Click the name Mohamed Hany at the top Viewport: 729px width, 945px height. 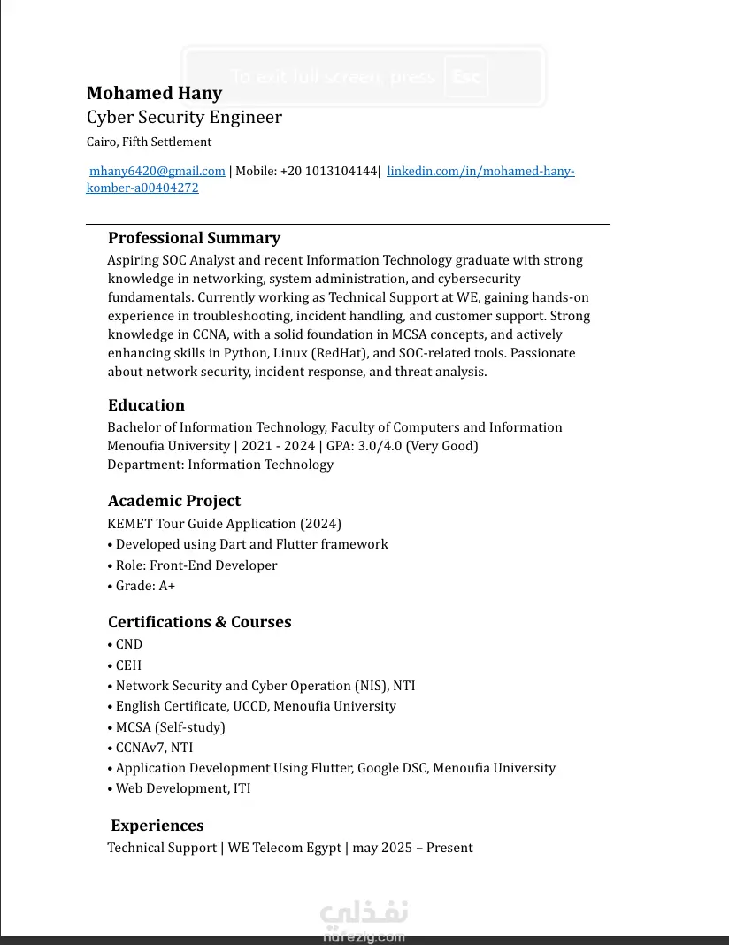(154, 93)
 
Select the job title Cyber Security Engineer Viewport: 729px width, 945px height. (184, 117)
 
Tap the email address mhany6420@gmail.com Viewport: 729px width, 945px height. (157, 171)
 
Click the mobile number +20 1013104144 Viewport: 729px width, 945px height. (328, 171)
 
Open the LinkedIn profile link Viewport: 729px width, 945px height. (480, 171)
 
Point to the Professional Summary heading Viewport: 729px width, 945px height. (194, 238)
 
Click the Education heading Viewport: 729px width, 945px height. (146, 405)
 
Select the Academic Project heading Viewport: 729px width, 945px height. (174, 501)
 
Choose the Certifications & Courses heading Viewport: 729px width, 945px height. (199, 622)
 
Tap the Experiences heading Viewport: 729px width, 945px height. (157, 826)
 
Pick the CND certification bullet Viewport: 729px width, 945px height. (128, 644)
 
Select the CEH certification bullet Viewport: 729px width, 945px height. (128, 665)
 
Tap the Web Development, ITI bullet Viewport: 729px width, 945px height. (182, 788)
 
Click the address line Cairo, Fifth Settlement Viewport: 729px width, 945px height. (149, 142)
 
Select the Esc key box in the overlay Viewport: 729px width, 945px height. (465, 76)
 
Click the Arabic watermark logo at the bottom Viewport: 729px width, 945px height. (364, 913)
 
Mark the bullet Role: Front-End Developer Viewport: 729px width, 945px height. (196, 565)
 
